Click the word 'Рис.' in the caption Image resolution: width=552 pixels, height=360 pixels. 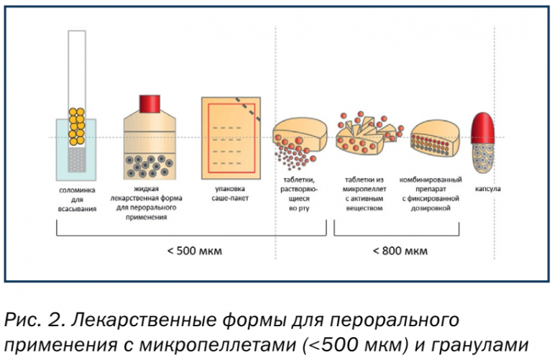coord(19,317)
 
